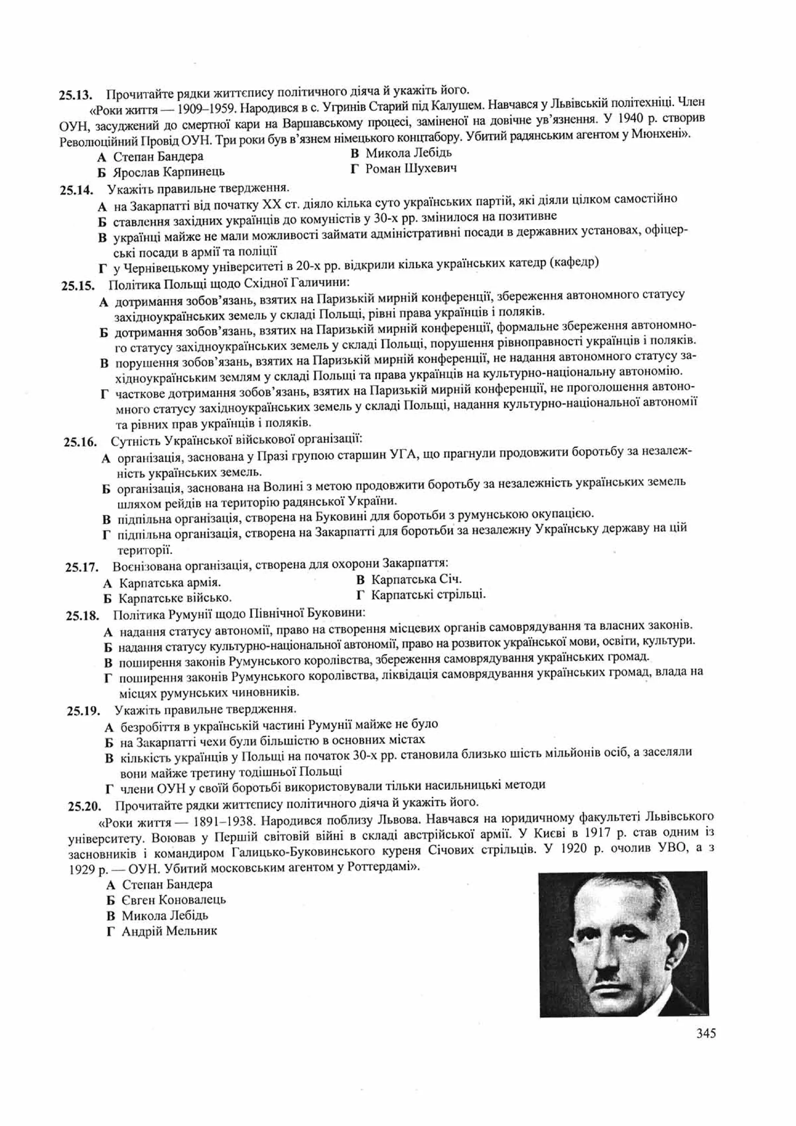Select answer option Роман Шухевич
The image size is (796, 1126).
click(x=411, y=169)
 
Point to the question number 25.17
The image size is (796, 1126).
click(x=82, y=567)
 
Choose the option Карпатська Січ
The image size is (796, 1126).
click(x=416, y=579)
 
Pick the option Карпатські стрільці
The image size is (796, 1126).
click(x=428, y=595)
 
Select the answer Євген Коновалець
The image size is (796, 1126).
click(x=173, y=900)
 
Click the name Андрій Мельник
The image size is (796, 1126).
click(x=169, y=931)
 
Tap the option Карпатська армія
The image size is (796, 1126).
click(x=169, y=583)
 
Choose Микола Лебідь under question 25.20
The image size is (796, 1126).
click(x=165, y=915)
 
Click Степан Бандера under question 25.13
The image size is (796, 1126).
click(x=158, y=156)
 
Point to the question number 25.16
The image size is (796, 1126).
click(x=80, y=441)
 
